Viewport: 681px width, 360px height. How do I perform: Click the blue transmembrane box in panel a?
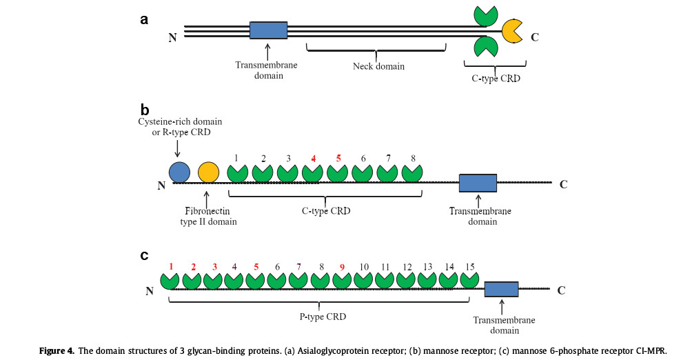point(269,30)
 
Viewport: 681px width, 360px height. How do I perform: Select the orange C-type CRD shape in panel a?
point(511,30)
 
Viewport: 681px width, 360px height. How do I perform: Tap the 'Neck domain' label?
point(378,67)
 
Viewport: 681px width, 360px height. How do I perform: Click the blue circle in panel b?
point(179,172)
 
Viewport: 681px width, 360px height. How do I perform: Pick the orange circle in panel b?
point(208,172)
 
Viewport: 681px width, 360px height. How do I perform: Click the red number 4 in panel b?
point(313,159)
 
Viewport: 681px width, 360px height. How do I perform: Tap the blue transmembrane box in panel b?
point(478,183)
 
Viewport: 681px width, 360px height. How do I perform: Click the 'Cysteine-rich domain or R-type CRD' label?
point(179,128)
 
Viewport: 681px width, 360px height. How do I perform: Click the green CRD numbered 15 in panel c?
point(470,280)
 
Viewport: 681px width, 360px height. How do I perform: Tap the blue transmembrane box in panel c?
point(502,289)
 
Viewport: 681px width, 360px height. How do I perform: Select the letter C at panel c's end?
point(561,290)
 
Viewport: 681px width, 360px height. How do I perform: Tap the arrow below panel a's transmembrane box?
point(268,50)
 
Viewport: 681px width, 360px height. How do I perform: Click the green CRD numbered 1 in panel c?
point(170,280)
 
